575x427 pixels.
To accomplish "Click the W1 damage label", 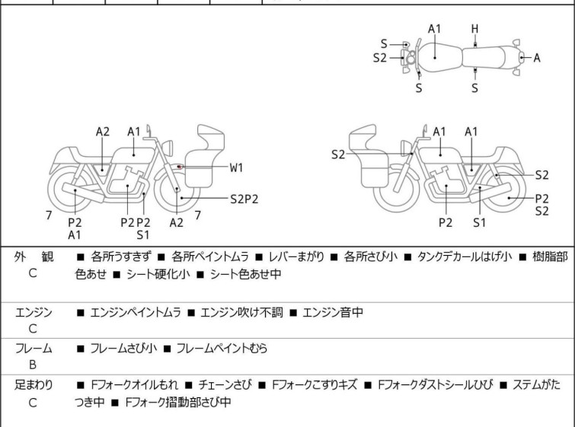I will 237,167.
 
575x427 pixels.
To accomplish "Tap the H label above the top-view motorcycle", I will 474,29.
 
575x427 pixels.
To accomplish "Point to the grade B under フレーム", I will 33,365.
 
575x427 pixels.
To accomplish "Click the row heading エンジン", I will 34,312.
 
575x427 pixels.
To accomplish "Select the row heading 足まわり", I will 34,385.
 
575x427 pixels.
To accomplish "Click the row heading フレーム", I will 34,349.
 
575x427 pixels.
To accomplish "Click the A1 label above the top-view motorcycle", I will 434,29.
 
